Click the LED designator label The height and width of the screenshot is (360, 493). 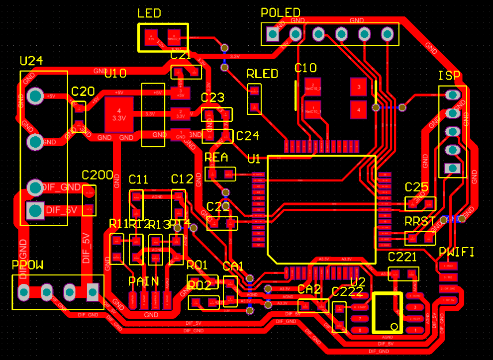click(149, 13)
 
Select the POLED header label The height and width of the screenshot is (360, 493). click(281, 12)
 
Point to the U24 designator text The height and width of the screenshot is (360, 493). click(31, 61)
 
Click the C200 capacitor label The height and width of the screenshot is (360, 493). click(98, 175)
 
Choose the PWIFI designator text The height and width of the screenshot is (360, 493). click(456, 253)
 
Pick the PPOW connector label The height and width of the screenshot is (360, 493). click(28, 266)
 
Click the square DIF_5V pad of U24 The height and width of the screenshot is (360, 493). click(35, 210)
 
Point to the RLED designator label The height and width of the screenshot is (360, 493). click(262, 74)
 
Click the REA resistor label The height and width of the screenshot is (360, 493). click(216, 158)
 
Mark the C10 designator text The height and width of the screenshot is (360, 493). click(305, 68)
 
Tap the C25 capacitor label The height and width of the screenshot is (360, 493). click(416, 187)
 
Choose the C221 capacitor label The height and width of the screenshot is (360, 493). click(402, 257)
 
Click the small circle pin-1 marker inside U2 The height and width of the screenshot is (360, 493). click(395, 327)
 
